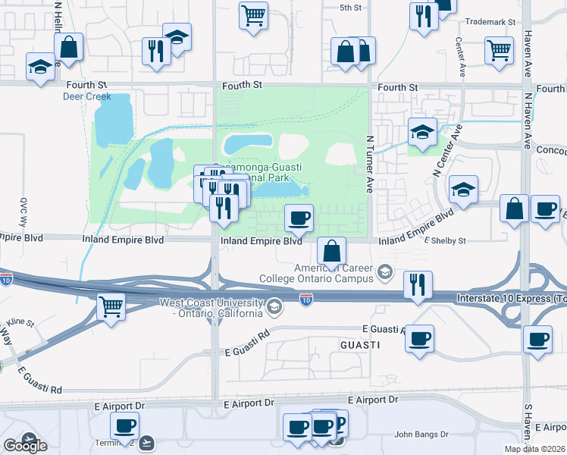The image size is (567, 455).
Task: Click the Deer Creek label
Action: (87, 96)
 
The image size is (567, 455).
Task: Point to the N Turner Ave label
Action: (370, 164)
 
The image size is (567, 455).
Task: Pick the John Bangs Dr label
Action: (421, 435)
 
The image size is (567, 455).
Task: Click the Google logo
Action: (25, 446)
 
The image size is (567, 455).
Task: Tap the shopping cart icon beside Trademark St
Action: (500, 50)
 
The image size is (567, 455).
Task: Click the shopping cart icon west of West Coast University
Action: (111, 306)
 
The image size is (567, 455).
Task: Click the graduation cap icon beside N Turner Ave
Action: (421, 132)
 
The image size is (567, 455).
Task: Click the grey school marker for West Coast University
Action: (274, 307)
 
